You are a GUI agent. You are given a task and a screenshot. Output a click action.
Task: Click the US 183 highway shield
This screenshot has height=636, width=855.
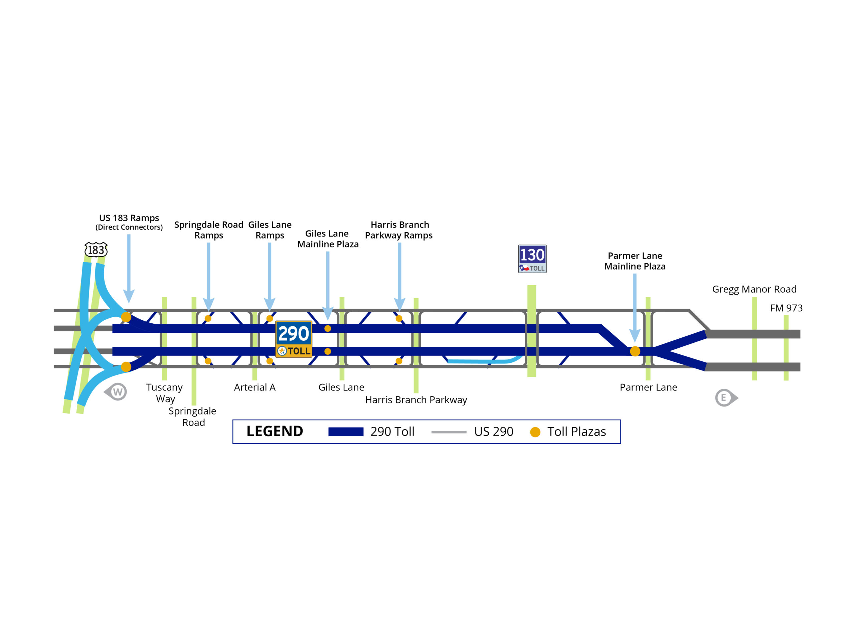[96, 250]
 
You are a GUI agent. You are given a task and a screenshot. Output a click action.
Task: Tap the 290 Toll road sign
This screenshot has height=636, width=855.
[293, 339]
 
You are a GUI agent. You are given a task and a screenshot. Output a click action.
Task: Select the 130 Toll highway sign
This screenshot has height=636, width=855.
[532, 259]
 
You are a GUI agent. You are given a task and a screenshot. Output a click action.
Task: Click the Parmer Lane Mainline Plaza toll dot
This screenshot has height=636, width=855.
[635, 351]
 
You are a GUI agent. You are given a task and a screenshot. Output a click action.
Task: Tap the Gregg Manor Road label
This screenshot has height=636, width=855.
[754, 289]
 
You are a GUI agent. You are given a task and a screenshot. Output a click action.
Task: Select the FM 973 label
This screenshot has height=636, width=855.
[786, 308]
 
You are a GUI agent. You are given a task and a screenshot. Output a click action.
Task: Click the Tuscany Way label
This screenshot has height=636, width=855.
[164, 393]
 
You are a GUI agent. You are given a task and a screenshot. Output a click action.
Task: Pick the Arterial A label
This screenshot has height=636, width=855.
[254, 387]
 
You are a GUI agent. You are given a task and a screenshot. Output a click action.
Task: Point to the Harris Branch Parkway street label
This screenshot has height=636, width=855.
[416, 400]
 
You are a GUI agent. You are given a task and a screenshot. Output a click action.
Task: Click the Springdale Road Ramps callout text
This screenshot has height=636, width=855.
[209, 230]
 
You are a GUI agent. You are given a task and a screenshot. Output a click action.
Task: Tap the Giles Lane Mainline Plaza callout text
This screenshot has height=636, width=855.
[328, 239]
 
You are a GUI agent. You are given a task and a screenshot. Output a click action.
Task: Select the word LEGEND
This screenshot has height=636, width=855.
[275, 431]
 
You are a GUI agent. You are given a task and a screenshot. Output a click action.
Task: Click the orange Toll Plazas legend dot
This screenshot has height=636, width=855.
[535, 432]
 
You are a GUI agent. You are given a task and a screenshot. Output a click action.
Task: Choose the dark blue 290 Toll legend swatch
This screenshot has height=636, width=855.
[345, 432]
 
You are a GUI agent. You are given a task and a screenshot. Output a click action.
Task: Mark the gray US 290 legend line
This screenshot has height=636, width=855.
[449, 432]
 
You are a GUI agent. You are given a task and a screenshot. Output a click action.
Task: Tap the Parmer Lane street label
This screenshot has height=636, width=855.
[648, 387]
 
